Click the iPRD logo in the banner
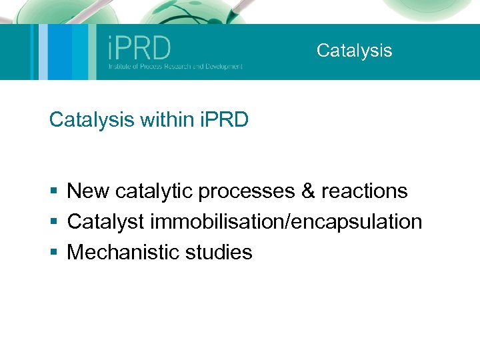(139, 48)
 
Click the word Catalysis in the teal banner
(354, 51)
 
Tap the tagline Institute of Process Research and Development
(176, 67)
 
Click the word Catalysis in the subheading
(92, 120)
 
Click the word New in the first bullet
(89, 191)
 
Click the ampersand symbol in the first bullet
(308, 191)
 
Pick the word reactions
(364, 191)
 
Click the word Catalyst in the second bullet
(106, 222)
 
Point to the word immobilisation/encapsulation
(286, 222)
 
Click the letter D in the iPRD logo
(161, 48)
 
